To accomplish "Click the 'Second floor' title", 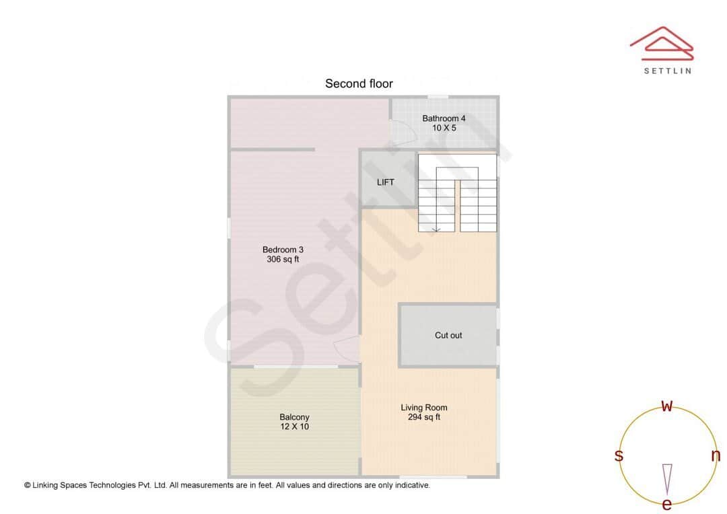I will click(359, 84).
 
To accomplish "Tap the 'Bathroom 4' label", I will click(444, 118).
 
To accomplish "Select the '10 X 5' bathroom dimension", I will click(444, 128).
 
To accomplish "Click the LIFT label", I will click(386, 182).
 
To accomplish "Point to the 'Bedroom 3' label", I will click(283, 250).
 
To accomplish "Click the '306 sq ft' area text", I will click(283, 259).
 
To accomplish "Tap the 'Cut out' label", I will click(448, 335).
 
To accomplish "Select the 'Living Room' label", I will click(424, 408).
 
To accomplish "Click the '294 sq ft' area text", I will click(424, 417).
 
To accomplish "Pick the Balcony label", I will click(294, 417).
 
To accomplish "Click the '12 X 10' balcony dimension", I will click(294, 427).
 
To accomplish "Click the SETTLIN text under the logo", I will click(667, 71).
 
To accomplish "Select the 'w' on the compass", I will click(667, 406).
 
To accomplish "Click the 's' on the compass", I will click(619, 455).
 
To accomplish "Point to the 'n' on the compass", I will click(716, 455).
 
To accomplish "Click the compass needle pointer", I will click(667, 478).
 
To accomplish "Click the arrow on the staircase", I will click(436, 229).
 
